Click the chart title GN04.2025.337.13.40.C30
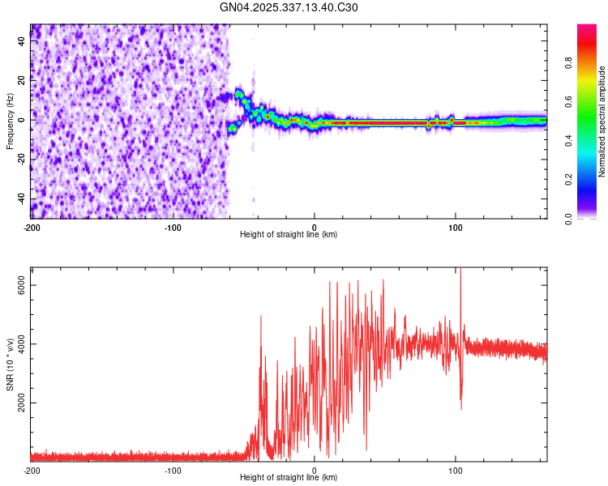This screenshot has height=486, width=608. click(x=289, y=8)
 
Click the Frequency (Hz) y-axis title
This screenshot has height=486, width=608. click(x=10, y=122)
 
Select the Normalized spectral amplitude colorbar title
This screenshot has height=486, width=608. click(x=602, y=122)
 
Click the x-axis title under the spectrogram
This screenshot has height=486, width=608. click(x=289, y=234)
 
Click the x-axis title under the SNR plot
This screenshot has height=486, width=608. click(x=289, y=478)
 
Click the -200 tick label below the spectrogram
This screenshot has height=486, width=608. click(x=31, y=227)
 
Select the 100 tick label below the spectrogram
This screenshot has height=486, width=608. click(x=456, y=227)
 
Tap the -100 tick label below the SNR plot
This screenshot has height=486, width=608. click(x=173, y=470)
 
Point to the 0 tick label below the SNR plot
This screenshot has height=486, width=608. click(x=315, y=470)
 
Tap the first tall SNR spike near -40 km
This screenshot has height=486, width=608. click(x=261, y=318)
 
